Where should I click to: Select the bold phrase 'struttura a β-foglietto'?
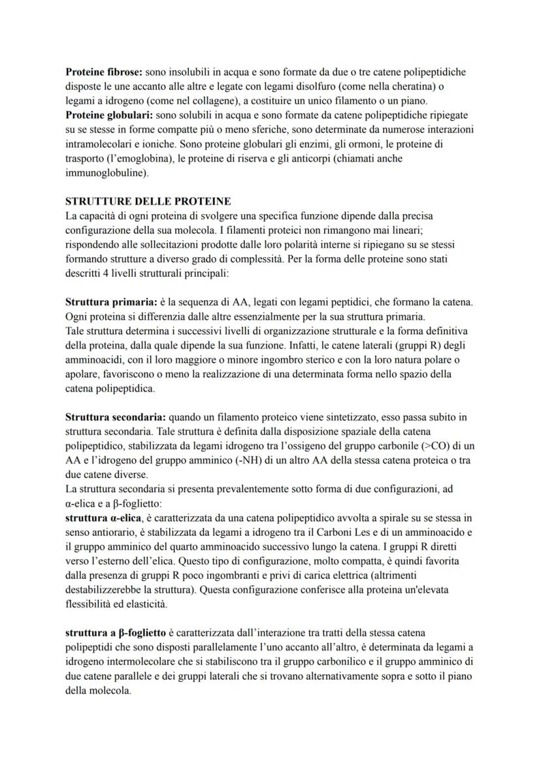(x=116, y=632)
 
